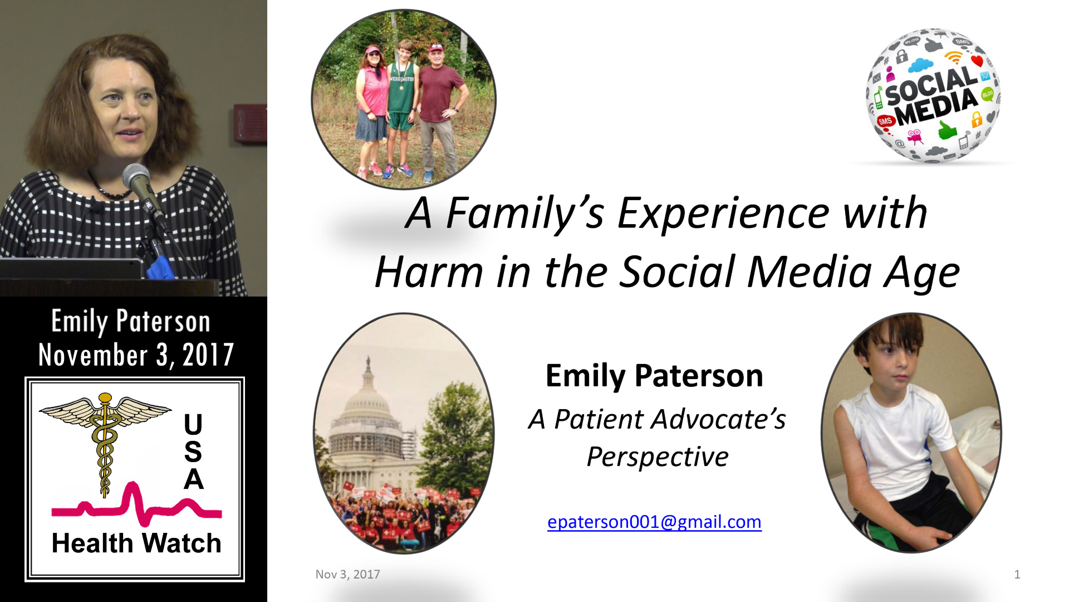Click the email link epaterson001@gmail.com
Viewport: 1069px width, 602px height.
click(654, 522)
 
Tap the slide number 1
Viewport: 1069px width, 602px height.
click(1017, 574)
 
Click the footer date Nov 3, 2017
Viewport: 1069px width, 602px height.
click(347, 574)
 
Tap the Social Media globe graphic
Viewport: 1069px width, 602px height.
click(933, 96)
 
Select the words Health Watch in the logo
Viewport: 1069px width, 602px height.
click(136, 543)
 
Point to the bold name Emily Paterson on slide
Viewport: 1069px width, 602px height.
click(654, 376)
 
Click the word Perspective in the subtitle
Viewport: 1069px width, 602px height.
click(658, 457)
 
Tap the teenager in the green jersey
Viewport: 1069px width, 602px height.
click(401, 106)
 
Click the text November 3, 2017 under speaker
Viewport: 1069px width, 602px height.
click(136, 355)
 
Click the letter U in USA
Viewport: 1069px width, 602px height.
click(193, 424)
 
